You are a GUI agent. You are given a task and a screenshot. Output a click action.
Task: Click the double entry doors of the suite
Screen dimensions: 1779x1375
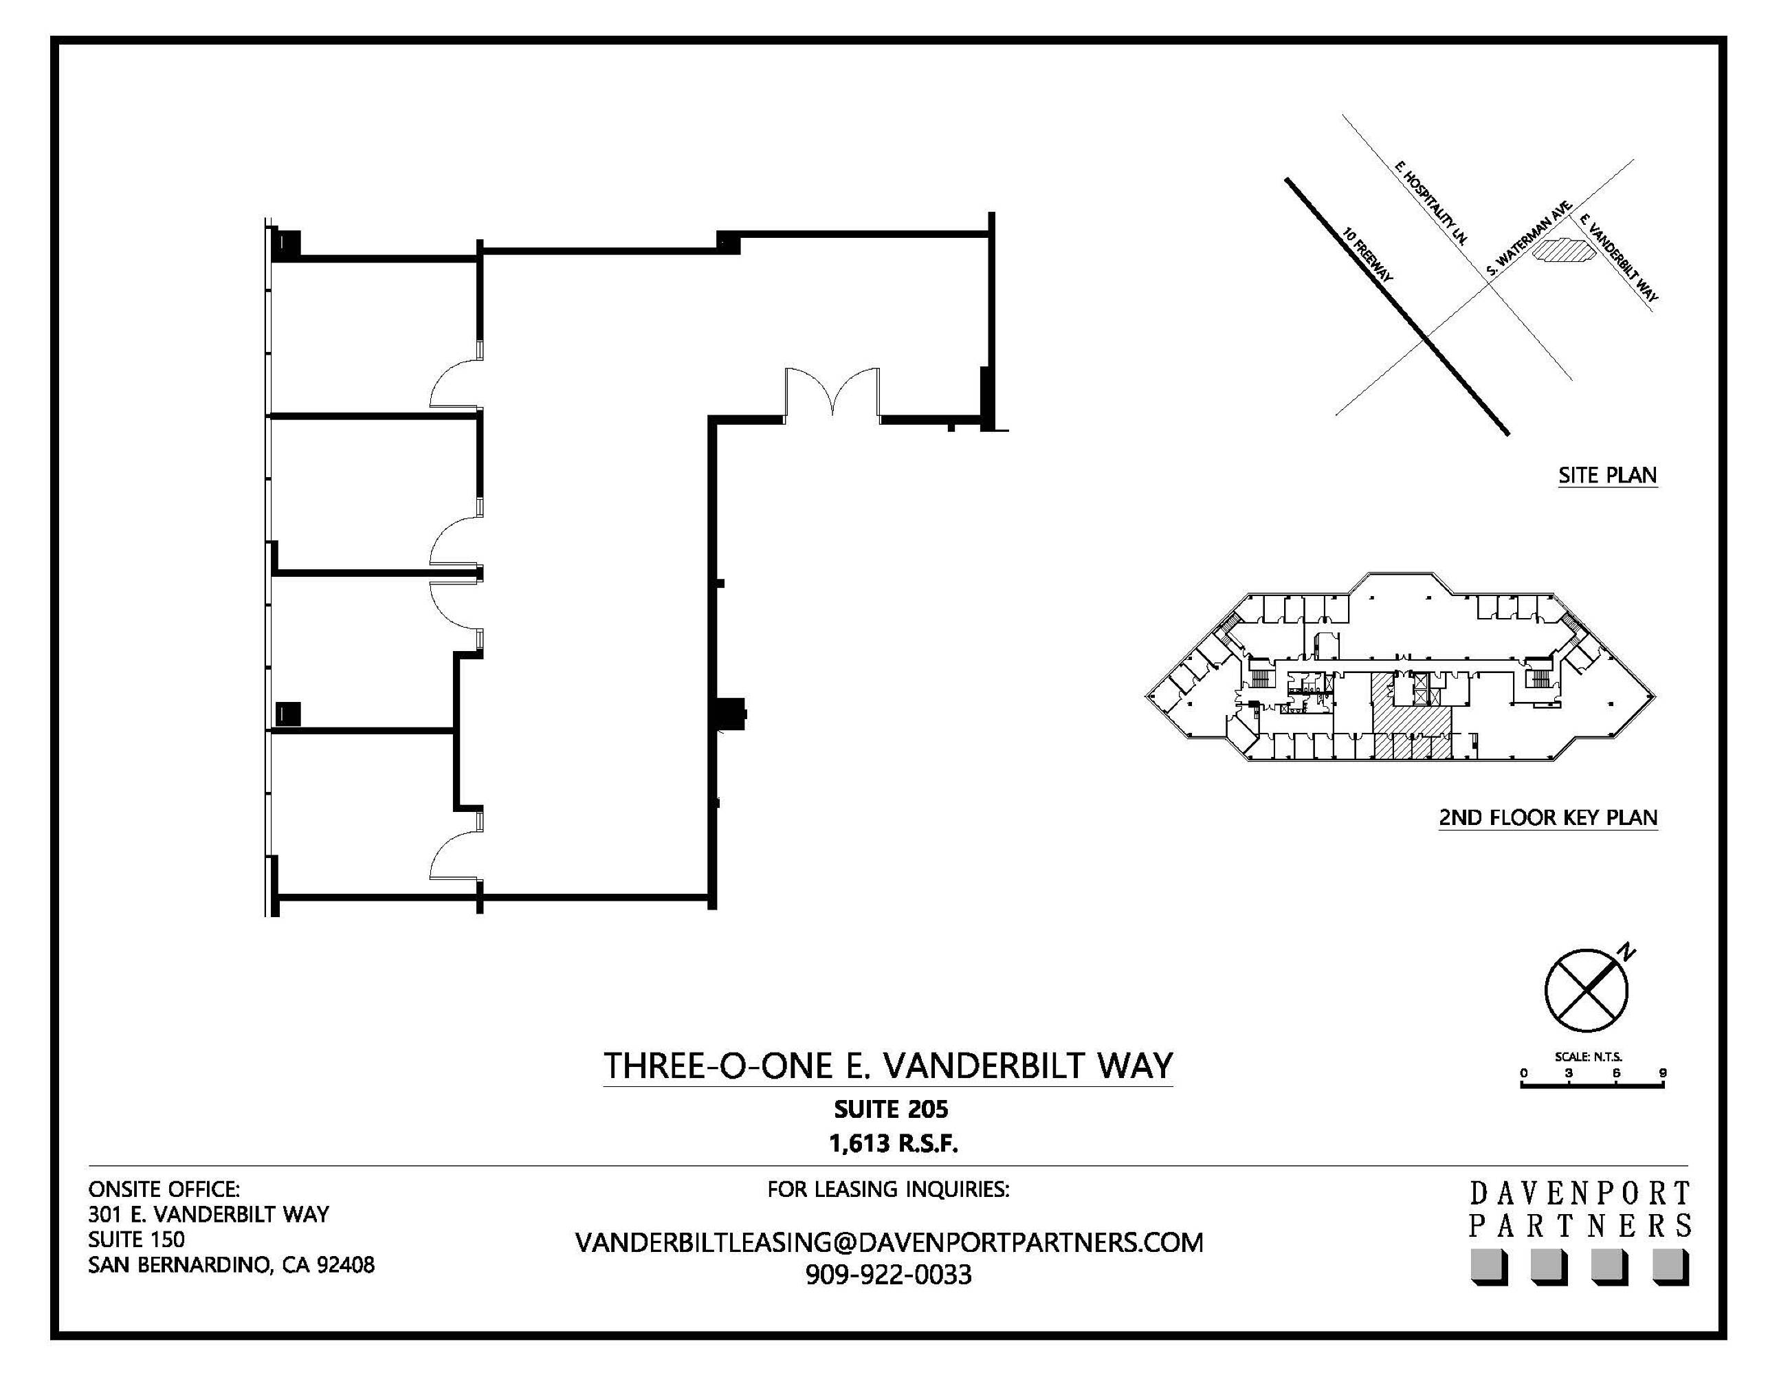click(832, 393)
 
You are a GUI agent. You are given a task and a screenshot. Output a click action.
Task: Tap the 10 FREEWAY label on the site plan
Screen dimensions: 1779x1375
click(1368, 255)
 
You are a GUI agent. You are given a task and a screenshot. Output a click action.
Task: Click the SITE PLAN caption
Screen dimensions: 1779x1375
click(1607, 475)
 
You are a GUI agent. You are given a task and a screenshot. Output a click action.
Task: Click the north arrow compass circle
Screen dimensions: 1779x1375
click(1585, 991)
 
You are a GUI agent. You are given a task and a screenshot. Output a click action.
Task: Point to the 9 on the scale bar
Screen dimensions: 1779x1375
click(1663, 1072)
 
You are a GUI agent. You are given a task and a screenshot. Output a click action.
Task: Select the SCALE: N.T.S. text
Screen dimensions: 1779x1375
click(1589, 1057)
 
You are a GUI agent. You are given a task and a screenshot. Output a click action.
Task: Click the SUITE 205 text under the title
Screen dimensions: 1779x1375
click(890, 1109)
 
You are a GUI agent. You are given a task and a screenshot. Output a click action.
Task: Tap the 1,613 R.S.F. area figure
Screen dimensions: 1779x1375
click(893, 1144)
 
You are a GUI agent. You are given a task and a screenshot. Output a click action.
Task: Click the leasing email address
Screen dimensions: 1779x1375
click(889, 1242)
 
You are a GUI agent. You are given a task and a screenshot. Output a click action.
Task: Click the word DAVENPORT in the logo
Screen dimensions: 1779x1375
click(1580, 1194)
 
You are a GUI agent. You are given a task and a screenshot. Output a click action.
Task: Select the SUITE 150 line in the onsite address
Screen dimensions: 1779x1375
click(136, 1239)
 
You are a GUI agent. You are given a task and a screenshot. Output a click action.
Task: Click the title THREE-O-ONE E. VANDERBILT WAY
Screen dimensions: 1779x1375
click(888, 1066)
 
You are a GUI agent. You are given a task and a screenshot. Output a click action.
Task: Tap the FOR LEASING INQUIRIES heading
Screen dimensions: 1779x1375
click(888, 1189)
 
